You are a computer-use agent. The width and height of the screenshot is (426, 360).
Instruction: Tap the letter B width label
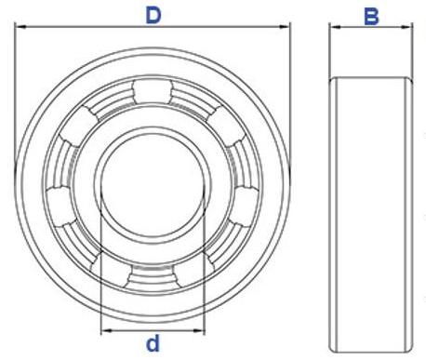371,16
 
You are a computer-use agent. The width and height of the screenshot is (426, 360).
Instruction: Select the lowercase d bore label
153,345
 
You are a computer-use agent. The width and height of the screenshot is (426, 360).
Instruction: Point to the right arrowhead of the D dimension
287,27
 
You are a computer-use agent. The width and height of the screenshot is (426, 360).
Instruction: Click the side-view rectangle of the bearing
371,209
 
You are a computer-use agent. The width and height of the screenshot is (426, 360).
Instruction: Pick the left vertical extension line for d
100,279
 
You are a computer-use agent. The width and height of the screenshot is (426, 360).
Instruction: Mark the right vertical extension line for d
204,279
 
